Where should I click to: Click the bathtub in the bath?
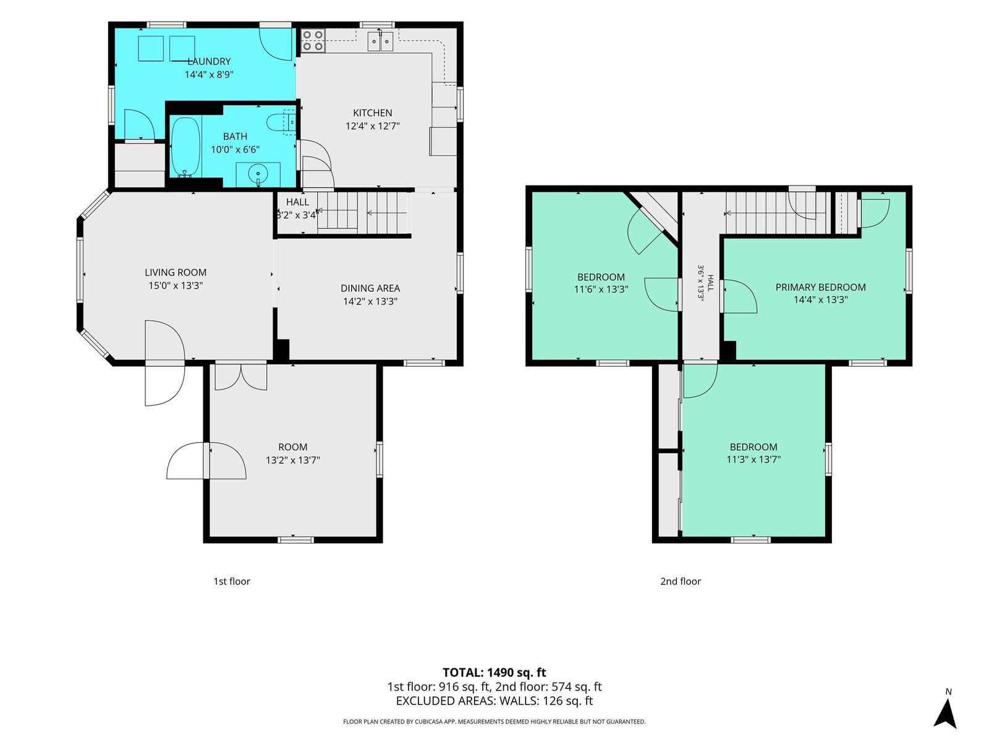(x=185, y=147)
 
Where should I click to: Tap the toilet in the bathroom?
(x=281, y=122)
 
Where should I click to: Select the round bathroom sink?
(x=258, y=173)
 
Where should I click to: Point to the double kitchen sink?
(x=381, y=41)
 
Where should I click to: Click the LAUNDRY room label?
(x=209, y=61)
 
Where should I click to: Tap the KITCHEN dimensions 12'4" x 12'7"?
(x=373, y=126)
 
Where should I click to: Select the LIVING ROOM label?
(x=176, y=273)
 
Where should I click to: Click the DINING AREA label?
(x=370, y=288)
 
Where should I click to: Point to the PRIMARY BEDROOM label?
(x=820, y=288)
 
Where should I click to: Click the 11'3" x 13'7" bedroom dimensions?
(x=753, y=459)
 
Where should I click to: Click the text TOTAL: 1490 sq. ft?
(x=494, y=673)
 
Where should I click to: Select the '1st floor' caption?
(x=232, y=582)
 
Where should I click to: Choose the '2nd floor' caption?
(x=681, y=582)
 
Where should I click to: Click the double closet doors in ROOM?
(x=241, y=377)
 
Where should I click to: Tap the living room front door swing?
(x=165, y=363)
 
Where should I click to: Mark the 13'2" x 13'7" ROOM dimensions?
(x=293, y=460)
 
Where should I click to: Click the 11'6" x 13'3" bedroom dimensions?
(x=601, y=289)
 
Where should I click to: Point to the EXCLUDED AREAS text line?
(x=494, y=701)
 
